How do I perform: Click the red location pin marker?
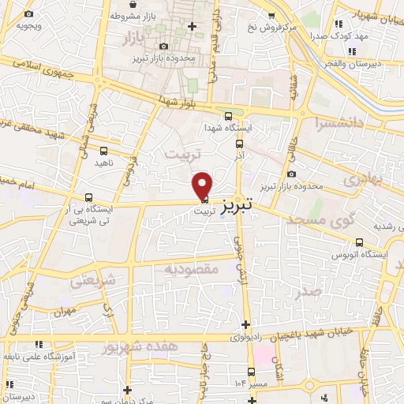[203, 185]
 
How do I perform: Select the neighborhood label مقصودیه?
[190, 269]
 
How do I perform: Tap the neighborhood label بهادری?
[362, 179]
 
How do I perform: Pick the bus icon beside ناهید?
[104, 149]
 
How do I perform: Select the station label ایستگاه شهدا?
[229, 128]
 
